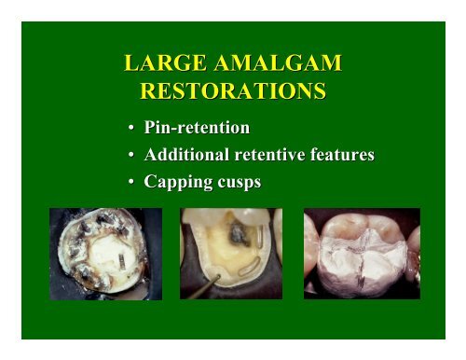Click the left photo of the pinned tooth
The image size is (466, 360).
pos(105,253)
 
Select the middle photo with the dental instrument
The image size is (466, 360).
pos(232,253)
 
